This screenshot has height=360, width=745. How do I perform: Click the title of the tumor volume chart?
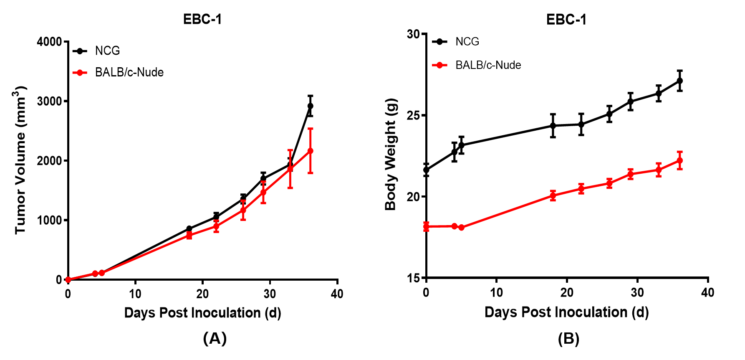202,20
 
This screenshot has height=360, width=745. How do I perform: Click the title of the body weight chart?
566,20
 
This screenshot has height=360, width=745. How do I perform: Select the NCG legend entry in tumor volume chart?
107,51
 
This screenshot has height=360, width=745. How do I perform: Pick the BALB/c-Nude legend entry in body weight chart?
488,65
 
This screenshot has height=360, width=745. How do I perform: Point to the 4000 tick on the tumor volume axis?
49,42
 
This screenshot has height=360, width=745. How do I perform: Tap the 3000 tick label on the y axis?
49,101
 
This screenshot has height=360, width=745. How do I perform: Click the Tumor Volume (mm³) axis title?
20,160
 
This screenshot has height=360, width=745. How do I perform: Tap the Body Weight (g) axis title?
391,154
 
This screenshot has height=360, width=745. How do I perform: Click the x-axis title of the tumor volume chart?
202,312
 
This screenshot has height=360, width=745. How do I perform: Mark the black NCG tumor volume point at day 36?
310,106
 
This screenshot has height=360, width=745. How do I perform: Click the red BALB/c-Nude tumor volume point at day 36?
310,151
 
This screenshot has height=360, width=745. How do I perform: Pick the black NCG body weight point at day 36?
679,81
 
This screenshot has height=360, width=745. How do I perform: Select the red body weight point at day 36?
679,160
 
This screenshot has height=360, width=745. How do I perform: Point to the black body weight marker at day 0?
426,170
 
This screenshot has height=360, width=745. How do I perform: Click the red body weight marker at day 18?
553,195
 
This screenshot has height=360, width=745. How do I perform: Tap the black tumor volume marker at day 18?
189,228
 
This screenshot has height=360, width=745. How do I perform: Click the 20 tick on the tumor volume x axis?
202,294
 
